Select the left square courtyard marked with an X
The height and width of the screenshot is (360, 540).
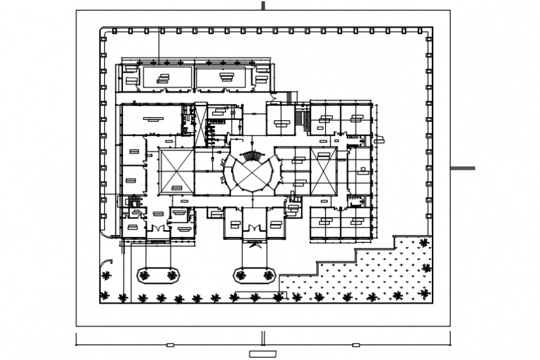tap(176, 170)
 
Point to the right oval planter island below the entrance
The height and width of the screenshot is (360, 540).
tap(254, 274)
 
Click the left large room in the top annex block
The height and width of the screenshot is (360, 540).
tap(168, 78)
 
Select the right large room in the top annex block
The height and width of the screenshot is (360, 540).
tap(222, 78)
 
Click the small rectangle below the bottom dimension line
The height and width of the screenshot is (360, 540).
tap(263, 354)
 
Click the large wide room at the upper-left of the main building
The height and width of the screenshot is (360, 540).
tap(151, 119)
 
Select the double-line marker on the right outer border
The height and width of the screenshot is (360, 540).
tap(462, 168)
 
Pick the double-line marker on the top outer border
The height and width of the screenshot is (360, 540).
tap(263, 6)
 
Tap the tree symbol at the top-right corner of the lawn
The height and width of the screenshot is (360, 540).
tap(423, 243)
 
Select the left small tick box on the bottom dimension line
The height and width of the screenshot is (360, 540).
tap(170, 344)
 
